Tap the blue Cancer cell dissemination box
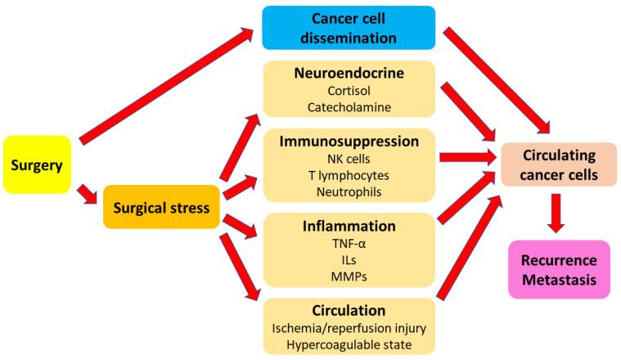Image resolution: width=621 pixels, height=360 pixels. (x=348, y=27)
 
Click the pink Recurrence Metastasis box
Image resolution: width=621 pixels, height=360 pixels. (x=559, y=270)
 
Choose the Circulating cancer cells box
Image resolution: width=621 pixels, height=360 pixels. (x=559, y=164)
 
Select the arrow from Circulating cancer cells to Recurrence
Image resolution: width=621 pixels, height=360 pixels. (x=558, y=212)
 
